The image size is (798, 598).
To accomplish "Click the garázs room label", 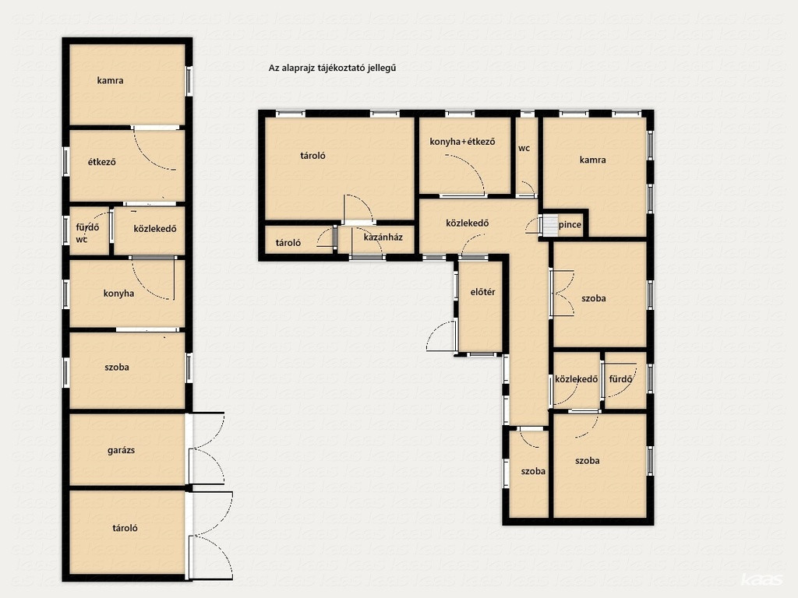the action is click(121, 450).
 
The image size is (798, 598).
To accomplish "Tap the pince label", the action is click(570, 225).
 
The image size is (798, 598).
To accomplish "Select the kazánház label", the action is click(383, 237).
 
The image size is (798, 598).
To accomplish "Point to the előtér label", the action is click(482, 292).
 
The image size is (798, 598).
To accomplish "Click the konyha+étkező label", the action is click(462, 142).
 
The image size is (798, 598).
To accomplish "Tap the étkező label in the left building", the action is click(102, 162).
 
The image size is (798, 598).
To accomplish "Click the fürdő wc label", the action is click(87, 233).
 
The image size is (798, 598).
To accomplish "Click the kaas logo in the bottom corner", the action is click(761, 579).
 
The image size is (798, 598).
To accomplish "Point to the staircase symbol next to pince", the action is click(549, 225).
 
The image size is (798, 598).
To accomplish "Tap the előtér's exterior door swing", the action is click(441, 336).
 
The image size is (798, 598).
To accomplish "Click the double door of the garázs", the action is click(206, 448).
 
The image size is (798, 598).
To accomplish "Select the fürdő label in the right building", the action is click(620, 379).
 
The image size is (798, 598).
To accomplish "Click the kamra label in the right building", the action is click(593, 160).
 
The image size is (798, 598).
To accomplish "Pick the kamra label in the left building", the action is click(110, 80).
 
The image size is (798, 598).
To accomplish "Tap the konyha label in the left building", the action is click(118, 294).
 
